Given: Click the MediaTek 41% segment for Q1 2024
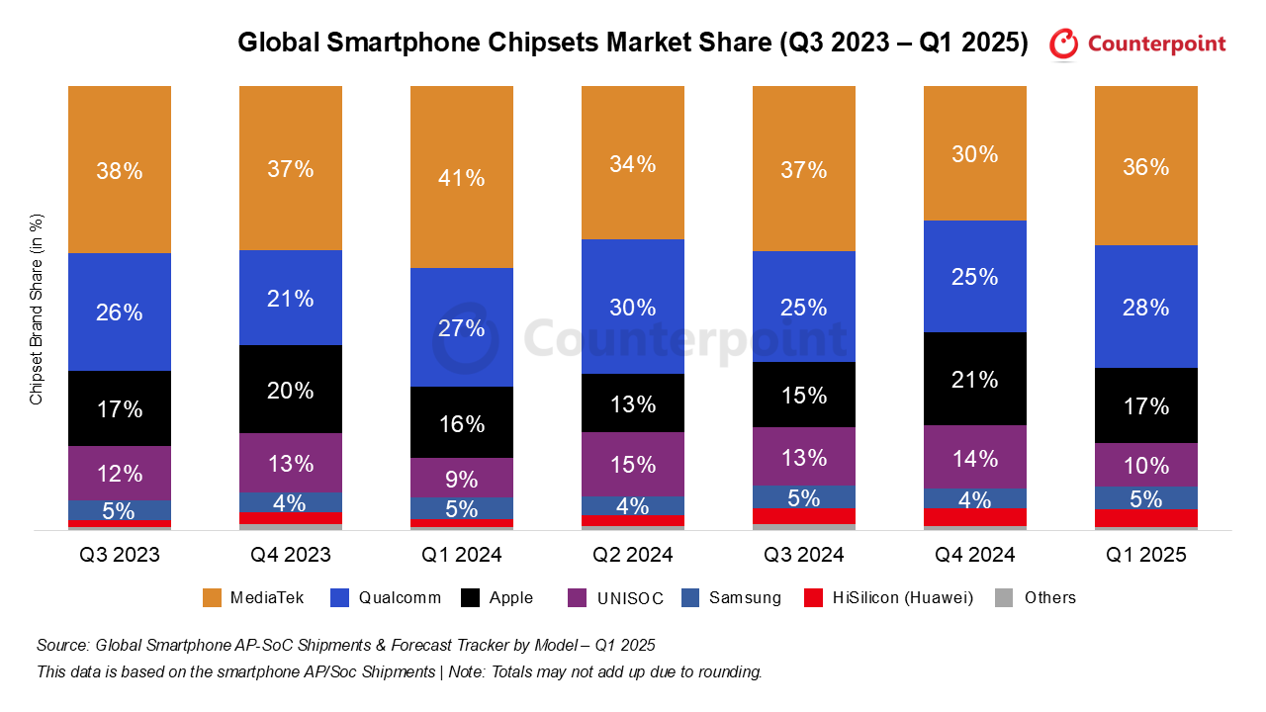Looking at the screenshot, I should point(462,178).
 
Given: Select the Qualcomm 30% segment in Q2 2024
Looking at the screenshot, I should point(633,307).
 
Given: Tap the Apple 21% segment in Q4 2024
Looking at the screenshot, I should point(975,379).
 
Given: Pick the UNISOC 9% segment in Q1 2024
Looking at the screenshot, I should point(462,479).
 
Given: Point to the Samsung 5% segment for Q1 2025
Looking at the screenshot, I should point(1145,498).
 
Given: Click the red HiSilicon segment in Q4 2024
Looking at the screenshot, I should point(975,517).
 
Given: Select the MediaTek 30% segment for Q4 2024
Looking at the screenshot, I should point(975,154).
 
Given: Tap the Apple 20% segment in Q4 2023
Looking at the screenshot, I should point(291,390).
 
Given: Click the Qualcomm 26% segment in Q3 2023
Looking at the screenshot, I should point(120,312).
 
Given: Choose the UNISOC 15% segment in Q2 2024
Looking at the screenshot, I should point(633,464).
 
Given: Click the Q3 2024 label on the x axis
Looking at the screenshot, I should point(804,555).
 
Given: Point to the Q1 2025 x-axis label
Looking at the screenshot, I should point(1145,555).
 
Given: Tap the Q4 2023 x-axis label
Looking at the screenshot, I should point(291,555).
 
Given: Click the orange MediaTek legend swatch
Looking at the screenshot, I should point(212,597).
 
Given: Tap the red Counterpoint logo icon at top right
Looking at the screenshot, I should point(1064,44).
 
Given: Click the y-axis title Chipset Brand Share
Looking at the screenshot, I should point(37,309).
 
